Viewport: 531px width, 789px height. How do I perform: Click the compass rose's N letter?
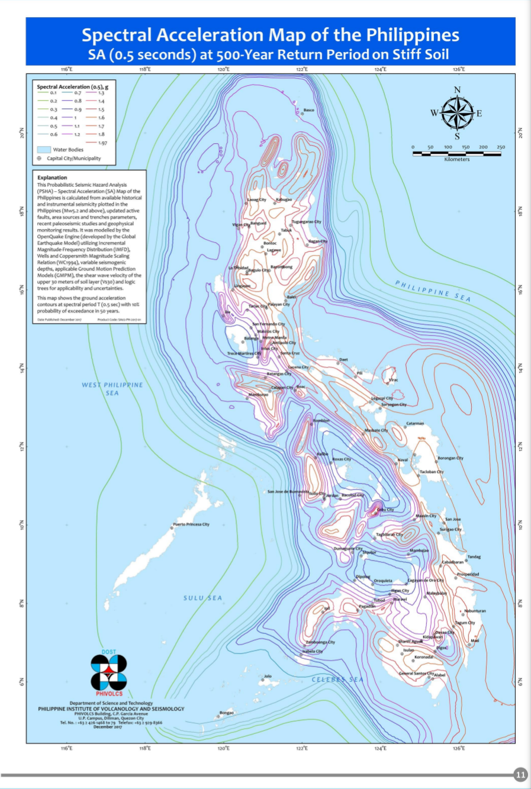pos(457,90)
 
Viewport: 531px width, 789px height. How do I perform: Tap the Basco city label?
pos(308,110)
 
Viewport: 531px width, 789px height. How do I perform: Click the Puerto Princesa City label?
pos(191,524)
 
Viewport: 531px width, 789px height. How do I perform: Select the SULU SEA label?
pos(202,598)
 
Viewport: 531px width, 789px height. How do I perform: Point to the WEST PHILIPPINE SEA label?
pos(112,389)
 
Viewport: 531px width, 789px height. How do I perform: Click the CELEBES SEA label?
pos(337,679)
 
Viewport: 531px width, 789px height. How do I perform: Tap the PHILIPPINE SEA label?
pos(433,291)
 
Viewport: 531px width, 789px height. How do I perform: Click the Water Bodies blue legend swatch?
pos(44,150)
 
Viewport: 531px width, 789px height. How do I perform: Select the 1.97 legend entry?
pos(102,143)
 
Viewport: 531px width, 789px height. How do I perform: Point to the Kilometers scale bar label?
pos(456,159)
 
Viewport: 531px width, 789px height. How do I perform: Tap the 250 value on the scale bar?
pos(501,147)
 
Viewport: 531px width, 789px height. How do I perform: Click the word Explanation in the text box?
pos(52,178)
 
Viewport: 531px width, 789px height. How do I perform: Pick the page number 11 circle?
pos(520,775)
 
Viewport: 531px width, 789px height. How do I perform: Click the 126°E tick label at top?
pos(459,69)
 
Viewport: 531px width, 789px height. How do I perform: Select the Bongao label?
pos(226,713)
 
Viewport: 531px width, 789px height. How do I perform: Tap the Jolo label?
pos(268,676)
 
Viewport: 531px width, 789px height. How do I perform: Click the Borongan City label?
pos(450,458)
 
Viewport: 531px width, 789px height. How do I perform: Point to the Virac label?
pos(394,380)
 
